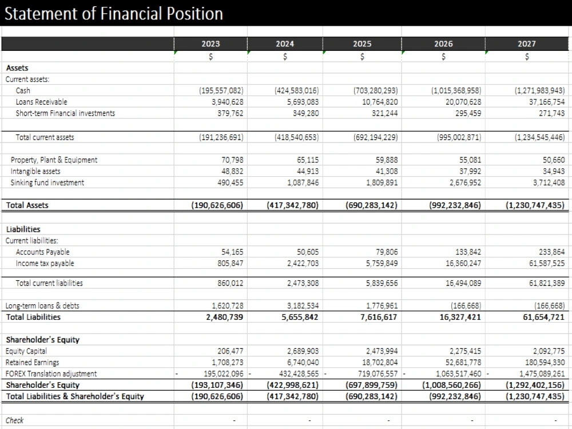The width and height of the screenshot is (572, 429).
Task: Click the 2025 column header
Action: tap(362, 44)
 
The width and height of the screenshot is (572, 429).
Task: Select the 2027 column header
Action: tap(526, 44)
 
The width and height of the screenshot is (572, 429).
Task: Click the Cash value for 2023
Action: tap(221, 90)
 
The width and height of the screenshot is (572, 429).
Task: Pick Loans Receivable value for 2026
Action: tap(463, 102)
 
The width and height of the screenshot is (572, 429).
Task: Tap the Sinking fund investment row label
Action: tap(47, 182)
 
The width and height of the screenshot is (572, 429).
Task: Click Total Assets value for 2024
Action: tap(292, 205)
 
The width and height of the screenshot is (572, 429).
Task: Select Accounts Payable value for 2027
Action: tap(551, 252)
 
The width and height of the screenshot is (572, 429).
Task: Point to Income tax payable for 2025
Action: tap(382, 263)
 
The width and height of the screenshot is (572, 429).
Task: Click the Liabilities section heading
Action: tap(23, 229)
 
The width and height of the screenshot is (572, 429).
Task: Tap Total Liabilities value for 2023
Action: tap(224, 317)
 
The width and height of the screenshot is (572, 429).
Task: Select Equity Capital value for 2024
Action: tap(303, 351)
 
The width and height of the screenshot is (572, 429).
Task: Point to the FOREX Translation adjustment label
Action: tap(51, 374)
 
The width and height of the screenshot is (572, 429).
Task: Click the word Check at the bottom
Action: tap(14, 420)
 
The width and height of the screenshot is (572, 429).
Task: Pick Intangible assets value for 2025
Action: tap(387, 171)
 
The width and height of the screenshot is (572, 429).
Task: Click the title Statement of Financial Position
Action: tap(113, 14)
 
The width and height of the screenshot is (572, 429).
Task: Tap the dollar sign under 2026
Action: tap(443, 57)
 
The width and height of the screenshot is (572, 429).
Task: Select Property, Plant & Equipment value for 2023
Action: tap(232, 160)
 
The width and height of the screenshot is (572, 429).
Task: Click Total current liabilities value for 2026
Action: tap(463, 283)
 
